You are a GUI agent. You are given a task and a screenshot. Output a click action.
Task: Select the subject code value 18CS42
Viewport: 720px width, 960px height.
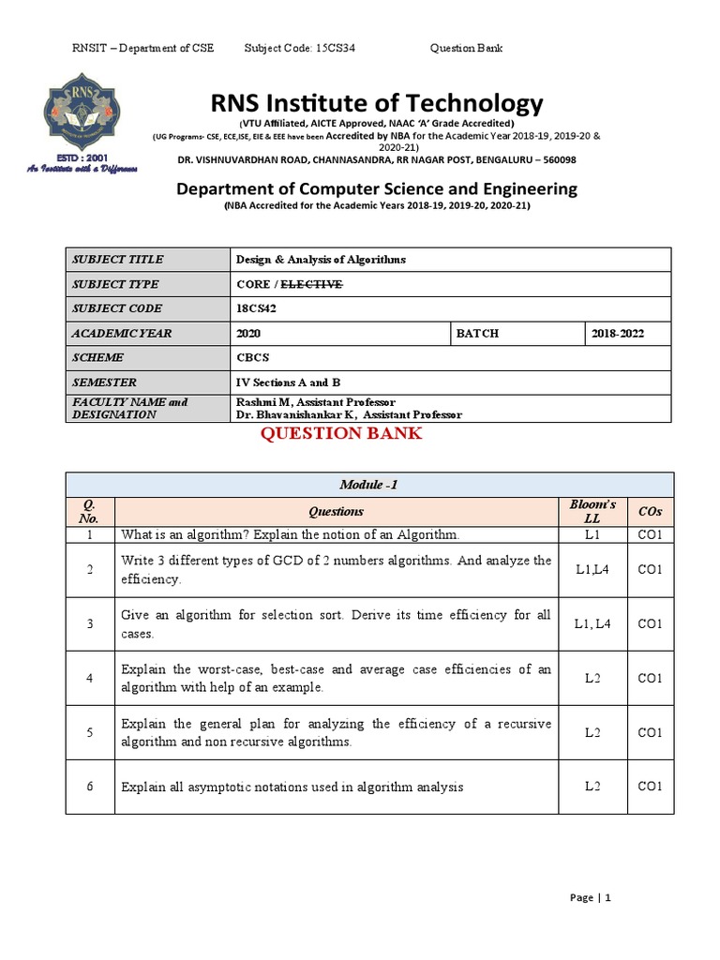(x=258, y=308)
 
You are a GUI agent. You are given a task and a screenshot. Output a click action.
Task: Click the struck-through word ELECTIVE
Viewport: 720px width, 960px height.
(x=311, y=284)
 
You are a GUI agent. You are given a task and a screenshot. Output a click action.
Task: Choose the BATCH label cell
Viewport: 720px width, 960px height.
(x=478, y=333)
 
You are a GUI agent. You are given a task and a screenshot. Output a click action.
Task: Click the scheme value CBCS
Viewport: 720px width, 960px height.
(x=254, y=357)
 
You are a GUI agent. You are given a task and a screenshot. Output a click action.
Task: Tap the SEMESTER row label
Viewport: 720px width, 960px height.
(x=104, y=382)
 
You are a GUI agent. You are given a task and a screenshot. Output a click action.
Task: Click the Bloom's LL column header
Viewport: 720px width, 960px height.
(x=592, y=511)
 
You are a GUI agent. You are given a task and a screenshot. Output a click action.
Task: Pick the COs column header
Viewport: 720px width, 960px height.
(x=650, y=512)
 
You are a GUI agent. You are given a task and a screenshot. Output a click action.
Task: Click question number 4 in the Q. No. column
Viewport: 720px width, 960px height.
(x=90, y=678)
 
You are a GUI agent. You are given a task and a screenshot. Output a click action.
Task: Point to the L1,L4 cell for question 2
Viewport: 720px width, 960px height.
(x=592, y=570)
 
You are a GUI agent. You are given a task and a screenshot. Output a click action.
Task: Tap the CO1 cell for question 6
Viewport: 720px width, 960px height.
(x=650, y=787)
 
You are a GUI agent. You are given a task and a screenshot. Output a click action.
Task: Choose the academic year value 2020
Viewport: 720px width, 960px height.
(x=249, y=333)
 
